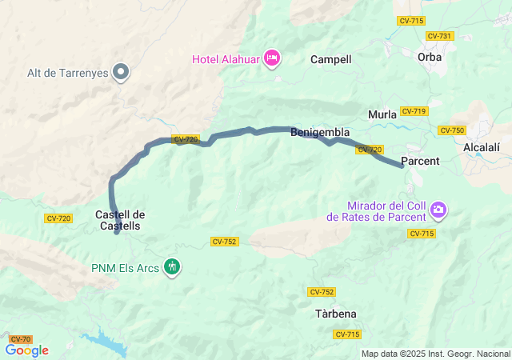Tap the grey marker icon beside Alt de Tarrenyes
(x=122, y=73)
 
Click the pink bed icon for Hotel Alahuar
(x=272, y=58)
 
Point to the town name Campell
(x=331, y=59)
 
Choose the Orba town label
(x=430, y=57)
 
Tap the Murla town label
(x=382, y=114)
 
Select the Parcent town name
(x=420, y=161)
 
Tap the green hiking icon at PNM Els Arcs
(x=171, y=266)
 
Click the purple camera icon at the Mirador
(x=438, y=210)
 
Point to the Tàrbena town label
(x=336, y=314)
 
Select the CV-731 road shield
(x=440, y=36)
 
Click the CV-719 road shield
(x=414, y=111)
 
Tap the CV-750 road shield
(x=452, y=130)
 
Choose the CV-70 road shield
(x=21, y=340)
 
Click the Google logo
(x=26, y=350)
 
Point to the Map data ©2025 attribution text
(x=434, y=354)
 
